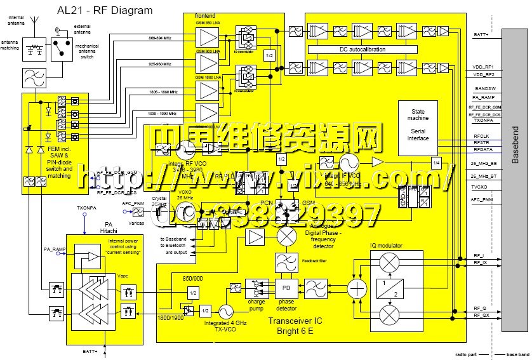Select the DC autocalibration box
370,49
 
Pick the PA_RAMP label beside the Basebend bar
484,97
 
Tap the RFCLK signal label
481,135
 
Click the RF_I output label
479,255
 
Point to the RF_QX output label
480,315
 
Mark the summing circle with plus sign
358,288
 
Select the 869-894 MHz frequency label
160,39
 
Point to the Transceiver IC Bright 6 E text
295,326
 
